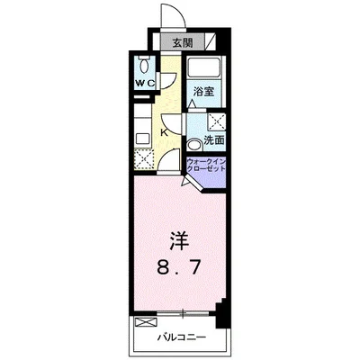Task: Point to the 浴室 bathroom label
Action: [x=202, y=91]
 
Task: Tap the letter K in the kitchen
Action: [x=163, y=133]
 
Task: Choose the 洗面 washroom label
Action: [x=213, y=141]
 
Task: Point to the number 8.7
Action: [x=179, y=267]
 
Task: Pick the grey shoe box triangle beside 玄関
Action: [x=210, y=41]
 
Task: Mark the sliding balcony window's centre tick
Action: [x=183, y=314]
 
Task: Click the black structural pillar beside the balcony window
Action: [x=222, y=316]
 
